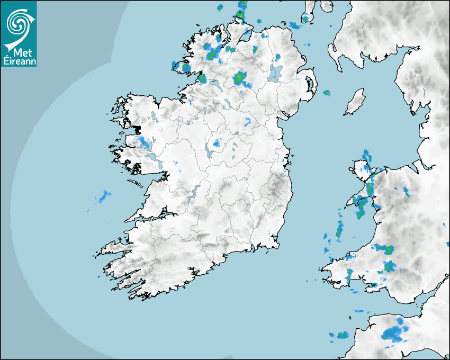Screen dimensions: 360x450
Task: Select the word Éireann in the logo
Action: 19,61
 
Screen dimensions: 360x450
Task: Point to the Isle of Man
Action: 355,102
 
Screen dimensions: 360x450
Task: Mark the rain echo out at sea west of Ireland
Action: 103,197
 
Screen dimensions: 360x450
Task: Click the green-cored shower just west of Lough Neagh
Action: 241,78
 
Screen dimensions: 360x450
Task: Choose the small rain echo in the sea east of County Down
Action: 327,93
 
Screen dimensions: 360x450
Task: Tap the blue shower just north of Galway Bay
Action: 144,141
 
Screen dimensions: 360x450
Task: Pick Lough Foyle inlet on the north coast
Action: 245,36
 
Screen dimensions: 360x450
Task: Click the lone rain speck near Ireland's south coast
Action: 226,231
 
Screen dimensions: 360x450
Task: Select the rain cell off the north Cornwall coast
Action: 339,335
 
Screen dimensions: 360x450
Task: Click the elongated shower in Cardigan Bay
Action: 339,230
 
